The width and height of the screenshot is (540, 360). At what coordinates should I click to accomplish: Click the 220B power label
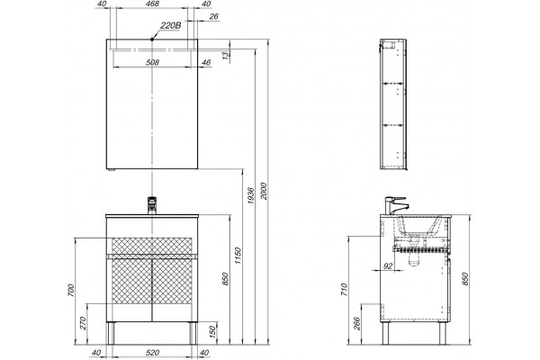point(170,26)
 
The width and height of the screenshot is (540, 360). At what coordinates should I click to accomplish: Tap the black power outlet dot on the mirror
point(152,40)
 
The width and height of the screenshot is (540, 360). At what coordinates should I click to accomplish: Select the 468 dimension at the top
point(153,4)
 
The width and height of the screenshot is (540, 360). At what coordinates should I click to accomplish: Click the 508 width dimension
point(153,62)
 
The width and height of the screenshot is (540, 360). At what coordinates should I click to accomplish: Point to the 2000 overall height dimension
point(264,191)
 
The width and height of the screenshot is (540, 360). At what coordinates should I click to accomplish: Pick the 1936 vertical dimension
point(251,195)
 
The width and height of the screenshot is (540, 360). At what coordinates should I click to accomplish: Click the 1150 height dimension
point(238,256)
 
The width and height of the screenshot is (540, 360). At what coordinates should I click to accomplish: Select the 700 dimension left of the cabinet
point(71,291)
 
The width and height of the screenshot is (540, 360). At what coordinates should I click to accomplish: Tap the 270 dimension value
point(84,323)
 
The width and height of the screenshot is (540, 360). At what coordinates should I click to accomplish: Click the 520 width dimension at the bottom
point(153,353)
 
